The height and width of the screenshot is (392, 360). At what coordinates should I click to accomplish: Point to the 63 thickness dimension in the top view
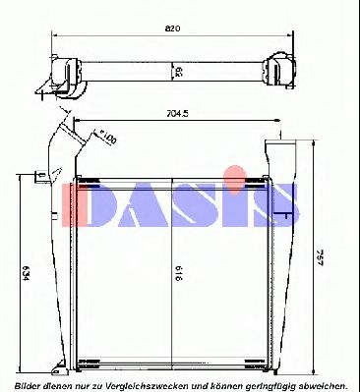(x=178, y=71)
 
